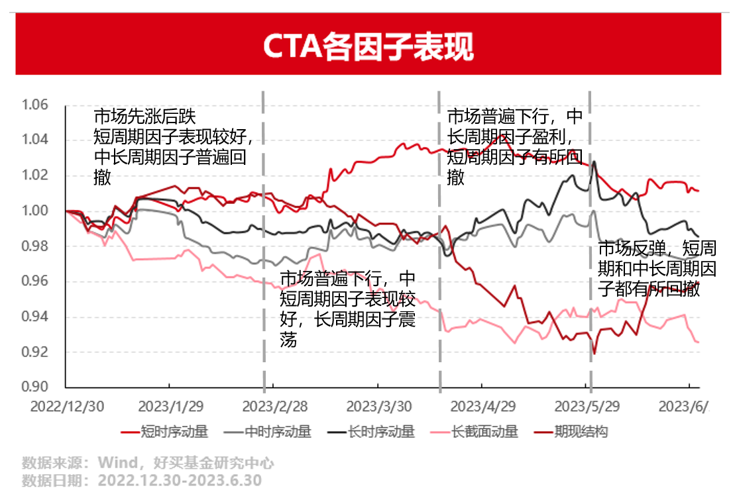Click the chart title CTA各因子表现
point(368,46)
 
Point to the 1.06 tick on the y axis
point(35,105)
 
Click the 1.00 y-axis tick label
point(35,211)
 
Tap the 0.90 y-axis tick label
point(35,387)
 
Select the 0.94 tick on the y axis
point(35,317)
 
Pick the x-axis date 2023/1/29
point(170,405)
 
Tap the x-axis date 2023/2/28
point(274,405)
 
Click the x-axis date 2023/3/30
point(379,405)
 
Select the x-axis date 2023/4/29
point(484,405)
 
